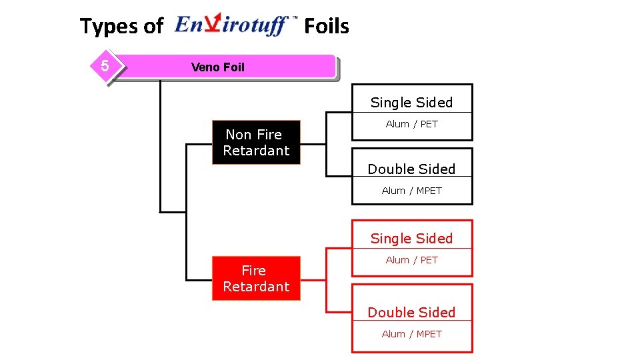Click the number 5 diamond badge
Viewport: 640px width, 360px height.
pos(105,66)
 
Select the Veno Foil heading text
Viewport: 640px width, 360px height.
pos(217,67)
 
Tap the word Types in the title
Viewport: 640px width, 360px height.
pos(109,27)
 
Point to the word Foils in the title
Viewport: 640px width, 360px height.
pos(326,26)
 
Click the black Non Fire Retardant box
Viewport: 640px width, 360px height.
pos(256,143)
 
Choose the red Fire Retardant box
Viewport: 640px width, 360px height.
pos(256,279)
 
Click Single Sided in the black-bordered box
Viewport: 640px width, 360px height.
pos(411,103)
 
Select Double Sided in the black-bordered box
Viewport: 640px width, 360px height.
pos(411,169)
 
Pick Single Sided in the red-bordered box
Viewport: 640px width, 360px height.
pos(411,239)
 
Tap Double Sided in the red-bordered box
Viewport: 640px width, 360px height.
pos(411,313)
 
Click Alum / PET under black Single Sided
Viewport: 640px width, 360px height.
pos(411,124)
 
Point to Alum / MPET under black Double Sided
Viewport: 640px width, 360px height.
pos(411,191)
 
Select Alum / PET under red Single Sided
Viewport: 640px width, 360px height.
pos(411,260)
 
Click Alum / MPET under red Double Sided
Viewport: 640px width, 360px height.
pos(411,334)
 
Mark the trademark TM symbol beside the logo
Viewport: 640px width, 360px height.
pos(295,19)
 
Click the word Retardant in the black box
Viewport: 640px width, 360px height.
pos(256,151)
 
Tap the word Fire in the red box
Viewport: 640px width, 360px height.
pos(253,271)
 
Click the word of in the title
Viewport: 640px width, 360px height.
pos(153,27)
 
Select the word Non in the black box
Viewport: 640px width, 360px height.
pos(238,135)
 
